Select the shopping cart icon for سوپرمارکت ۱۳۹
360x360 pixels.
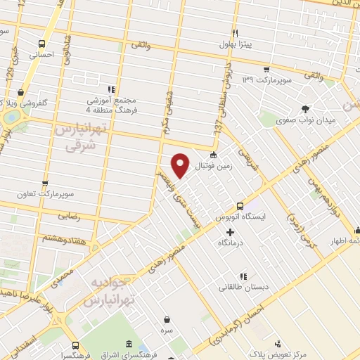pyautogui.click(x=266, y=69)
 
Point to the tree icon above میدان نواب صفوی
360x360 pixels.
pyautogui.click(x=305, y=108)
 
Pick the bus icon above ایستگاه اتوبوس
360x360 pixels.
pyautogui.click(x=240, y=206)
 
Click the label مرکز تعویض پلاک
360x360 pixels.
pyautogui.click(x=281, y=355)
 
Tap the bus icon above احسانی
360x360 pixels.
pyautogui.click(x=41, y=42)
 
